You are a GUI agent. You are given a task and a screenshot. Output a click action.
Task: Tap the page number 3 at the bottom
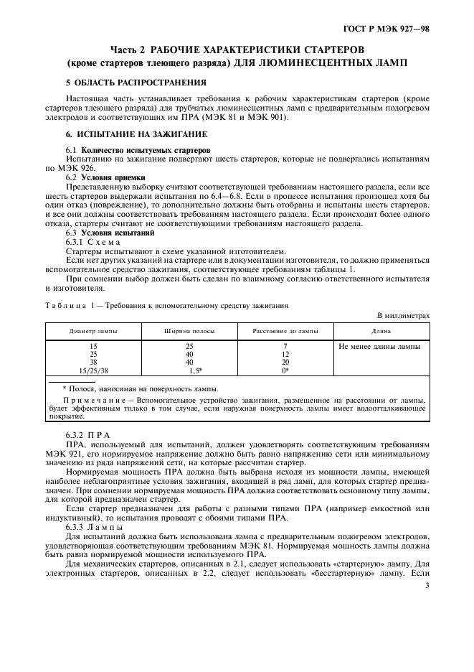[427, 646]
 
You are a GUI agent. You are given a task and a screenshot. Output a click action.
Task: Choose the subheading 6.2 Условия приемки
[105, 177]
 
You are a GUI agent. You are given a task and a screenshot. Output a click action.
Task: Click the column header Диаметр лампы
[94, 332]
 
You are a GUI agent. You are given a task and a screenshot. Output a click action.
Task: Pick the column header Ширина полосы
[190, 332]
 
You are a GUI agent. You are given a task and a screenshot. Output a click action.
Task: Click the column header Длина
[381, 332]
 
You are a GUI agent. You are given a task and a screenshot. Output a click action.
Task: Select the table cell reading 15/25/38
[94, 370]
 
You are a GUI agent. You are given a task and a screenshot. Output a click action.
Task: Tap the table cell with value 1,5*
[194, 370]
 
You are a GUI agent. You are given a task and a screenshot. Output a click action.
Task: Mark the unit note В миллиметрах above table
[403, 315]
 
